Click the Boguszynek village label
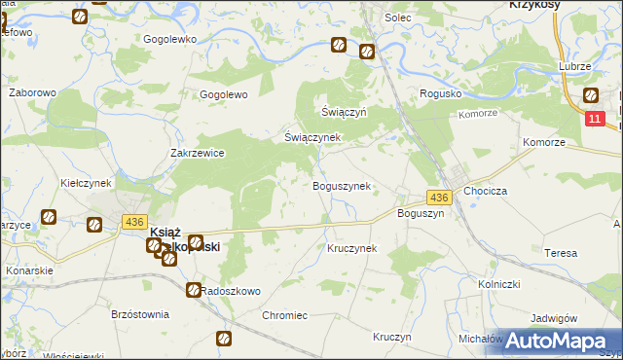point(341,186)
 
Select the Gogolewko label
point(170,39)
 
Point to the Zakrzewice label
point(198,153)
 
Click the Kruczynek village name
point(351,248)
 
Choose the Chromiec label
point(284,315)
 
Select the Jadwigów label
point(555,318)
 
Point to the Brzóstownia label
point(140,315)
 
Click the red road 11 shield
point(597,118)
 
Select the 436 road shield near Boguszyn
point(439,198)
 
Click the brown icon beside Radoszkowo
point(194,290)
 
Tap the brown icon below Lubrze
point(590,95)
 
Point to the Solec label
point(398,18)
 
